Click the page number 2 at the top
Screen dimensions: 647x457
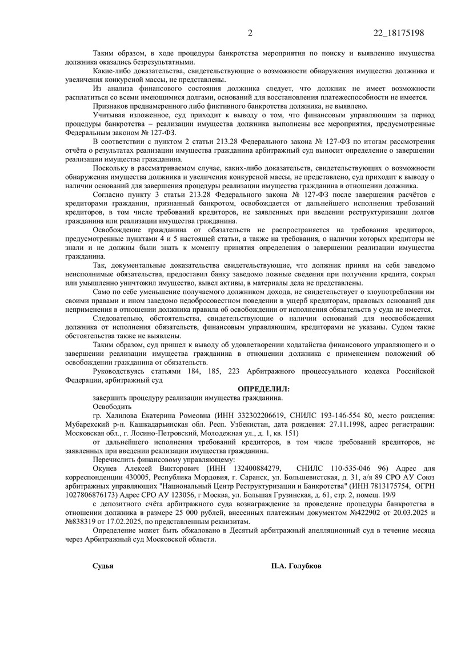[x=250, y=32]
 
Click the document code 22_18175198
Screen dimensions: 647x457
[x=396, y=32]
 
